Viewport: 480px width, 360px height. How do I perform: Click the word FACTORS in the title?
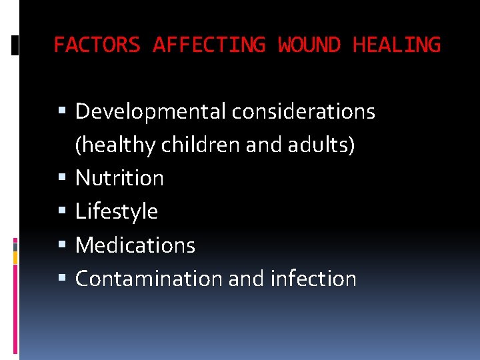(x=97, y=45)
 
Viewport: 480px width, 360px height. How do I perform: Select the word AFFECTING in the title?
(x=209, y=45)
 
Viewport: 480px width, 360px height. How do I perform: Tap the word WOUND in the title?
(x=309, y=45)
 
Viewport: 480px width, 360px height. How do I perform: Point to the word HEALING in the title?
(x=397, y=45)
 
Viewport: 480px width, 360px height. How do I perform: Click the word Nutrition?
(x=119, y=178)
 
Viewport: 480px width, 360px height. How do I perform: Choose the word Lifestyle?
(x=117, y=212)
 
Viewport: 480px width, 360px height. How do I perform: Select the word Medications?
(x=135, y=245)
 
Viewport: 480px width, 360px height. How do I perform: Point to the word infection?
(x=313, y=279)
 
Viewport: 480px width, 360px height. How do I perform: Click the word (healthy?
(x=114, y=145)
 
